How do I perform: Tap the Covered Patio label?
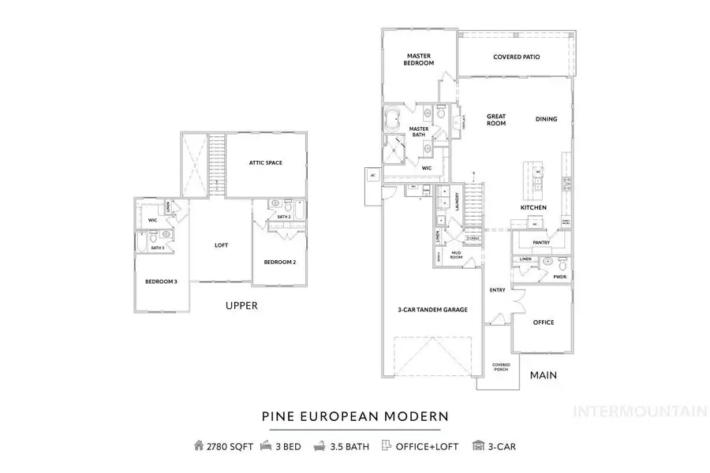point(516,57)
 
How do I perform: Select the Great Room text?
point(495,120)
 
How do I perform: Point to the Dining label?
point(546,119)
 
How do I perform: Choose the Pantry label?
point(541,243)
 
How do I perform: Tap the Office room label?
point(543,322)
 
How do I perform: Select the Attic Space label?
point(265,163)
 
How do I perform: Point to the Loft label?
point(222,245)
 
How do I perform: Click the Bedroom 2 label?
point(280,263)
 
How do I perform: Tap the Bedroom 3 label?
point(161,281)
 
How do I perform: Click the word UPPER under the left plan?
point(241,306)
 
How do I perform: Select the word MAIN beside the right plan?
point(543,375)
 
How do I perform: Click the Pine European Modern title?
point(355,415)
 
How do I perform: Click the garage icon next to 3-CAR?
point(478,446)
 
